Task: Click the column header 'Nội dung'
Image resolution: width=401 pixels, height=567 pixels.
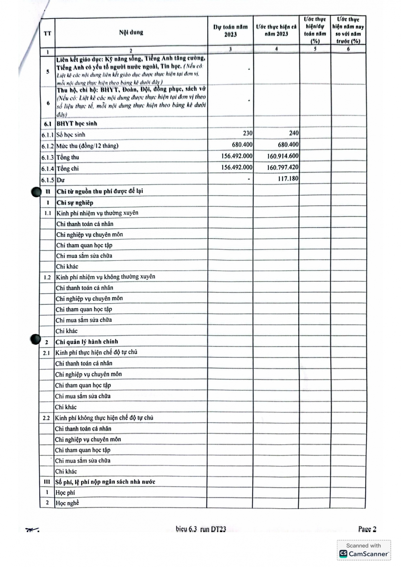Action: [x=131, y=32]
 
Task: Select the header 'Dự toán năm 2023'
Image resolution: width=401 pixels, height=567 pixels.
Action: [x=230, y=31]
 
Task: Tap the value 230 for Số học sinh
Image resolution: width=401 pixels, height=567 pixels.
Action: [x=248, y=133]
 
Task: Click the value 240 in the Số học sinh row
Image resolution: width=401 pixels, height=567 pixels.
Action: [x=294, y=133]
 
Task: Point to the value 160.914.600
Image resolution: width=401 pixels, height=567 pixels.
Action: [x=283, y=156]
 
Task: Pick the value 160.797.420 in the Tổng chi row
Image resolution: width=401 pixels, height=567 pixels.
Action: [x=282, y=168]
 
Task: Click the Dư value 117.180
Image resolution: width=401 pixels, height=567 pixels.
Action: [x=288, y=179]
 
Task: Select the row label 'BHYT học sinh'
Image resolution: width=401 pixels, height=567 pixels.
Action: [x=77, y=124]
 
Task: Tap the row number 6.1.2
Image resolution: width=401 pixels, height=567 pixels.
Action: [x=48, y=146]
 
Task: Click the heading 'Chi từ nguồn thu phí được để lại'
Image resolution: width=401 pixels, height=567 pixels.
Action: [x=100, y=191]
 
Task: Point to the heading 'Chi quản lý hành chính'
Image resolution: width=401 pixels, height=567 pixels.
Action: [x=86, y=342]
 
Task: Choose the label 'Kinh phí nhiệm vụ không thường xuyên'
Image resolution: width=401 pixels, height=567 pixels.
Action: [x=105, y=277]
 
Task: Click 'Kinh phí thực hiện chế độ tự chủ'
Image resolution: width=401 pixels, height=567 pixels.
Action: [x=96, y=352]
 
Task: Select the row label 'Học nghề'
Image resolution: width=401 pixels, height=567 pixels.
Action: [x=67, y=503]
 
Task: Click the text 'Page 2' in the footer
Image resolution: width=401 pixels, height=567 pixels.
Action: [x=367, y=529]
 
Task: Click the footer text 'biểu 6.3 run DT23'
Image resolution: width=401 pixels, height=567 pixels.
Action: [x=201, y=529]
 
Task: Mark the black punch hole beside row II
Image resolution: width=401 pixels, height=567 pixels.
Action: [x=36, y=192]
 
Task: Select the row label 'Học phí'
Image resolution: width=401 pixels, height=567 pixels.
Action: [x=65, y=493]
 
